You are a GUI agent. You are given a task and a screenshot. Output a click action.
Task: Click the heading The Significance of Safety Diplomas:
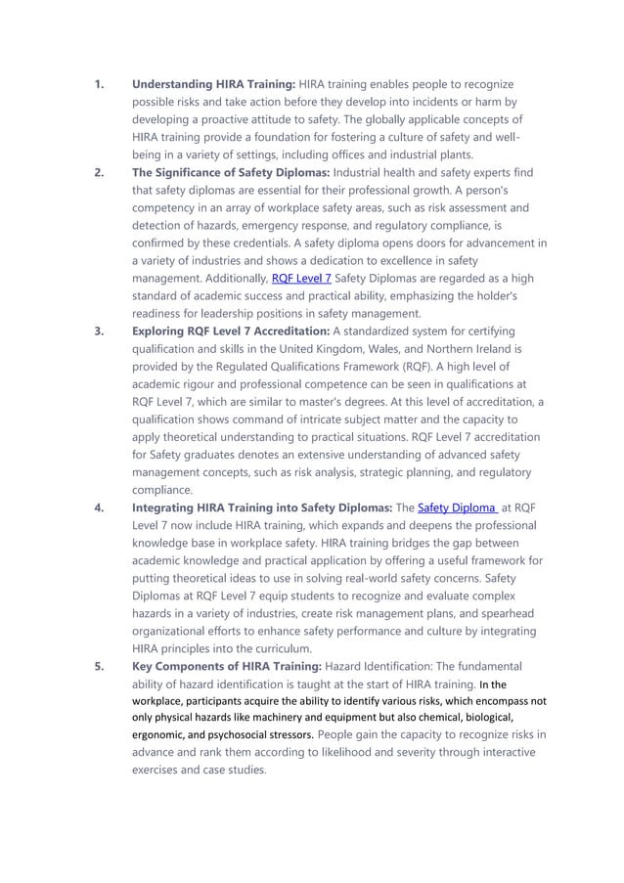[234, 173]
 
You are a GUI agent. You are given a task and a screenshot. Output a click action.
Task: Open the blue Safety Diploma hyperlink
[459, 507]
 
